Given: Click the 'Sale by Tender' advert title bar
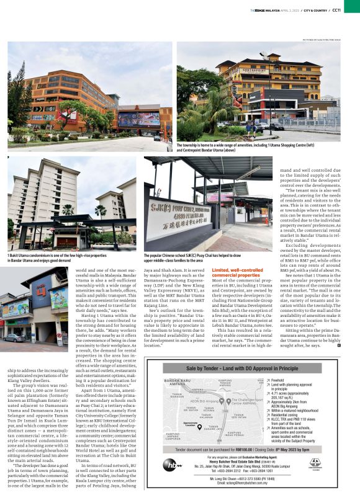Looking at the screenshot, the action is pyautogui.click(x=245, y=368).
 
